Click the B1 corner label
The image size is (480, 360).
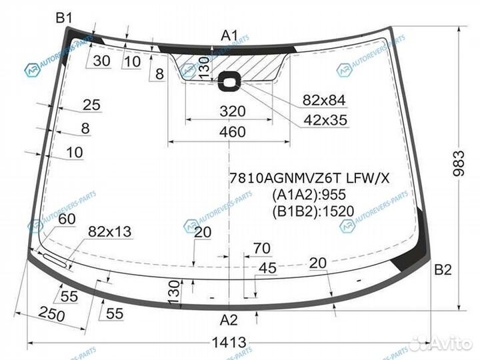64,19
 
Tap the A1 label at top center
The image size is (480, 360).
229,36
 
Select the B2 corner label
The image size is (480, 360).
443,270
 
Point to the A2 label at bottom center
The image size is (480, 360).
229,320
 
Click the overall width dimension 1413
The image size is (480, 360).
229,342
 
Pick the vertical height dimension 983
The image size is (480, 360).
459,163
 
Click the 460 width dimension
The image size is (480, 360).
233,132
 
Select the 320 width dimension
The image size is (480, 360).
233,111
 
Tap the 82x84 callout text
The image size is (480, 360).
324,100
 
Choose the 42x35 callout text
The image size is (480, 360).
325,120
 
